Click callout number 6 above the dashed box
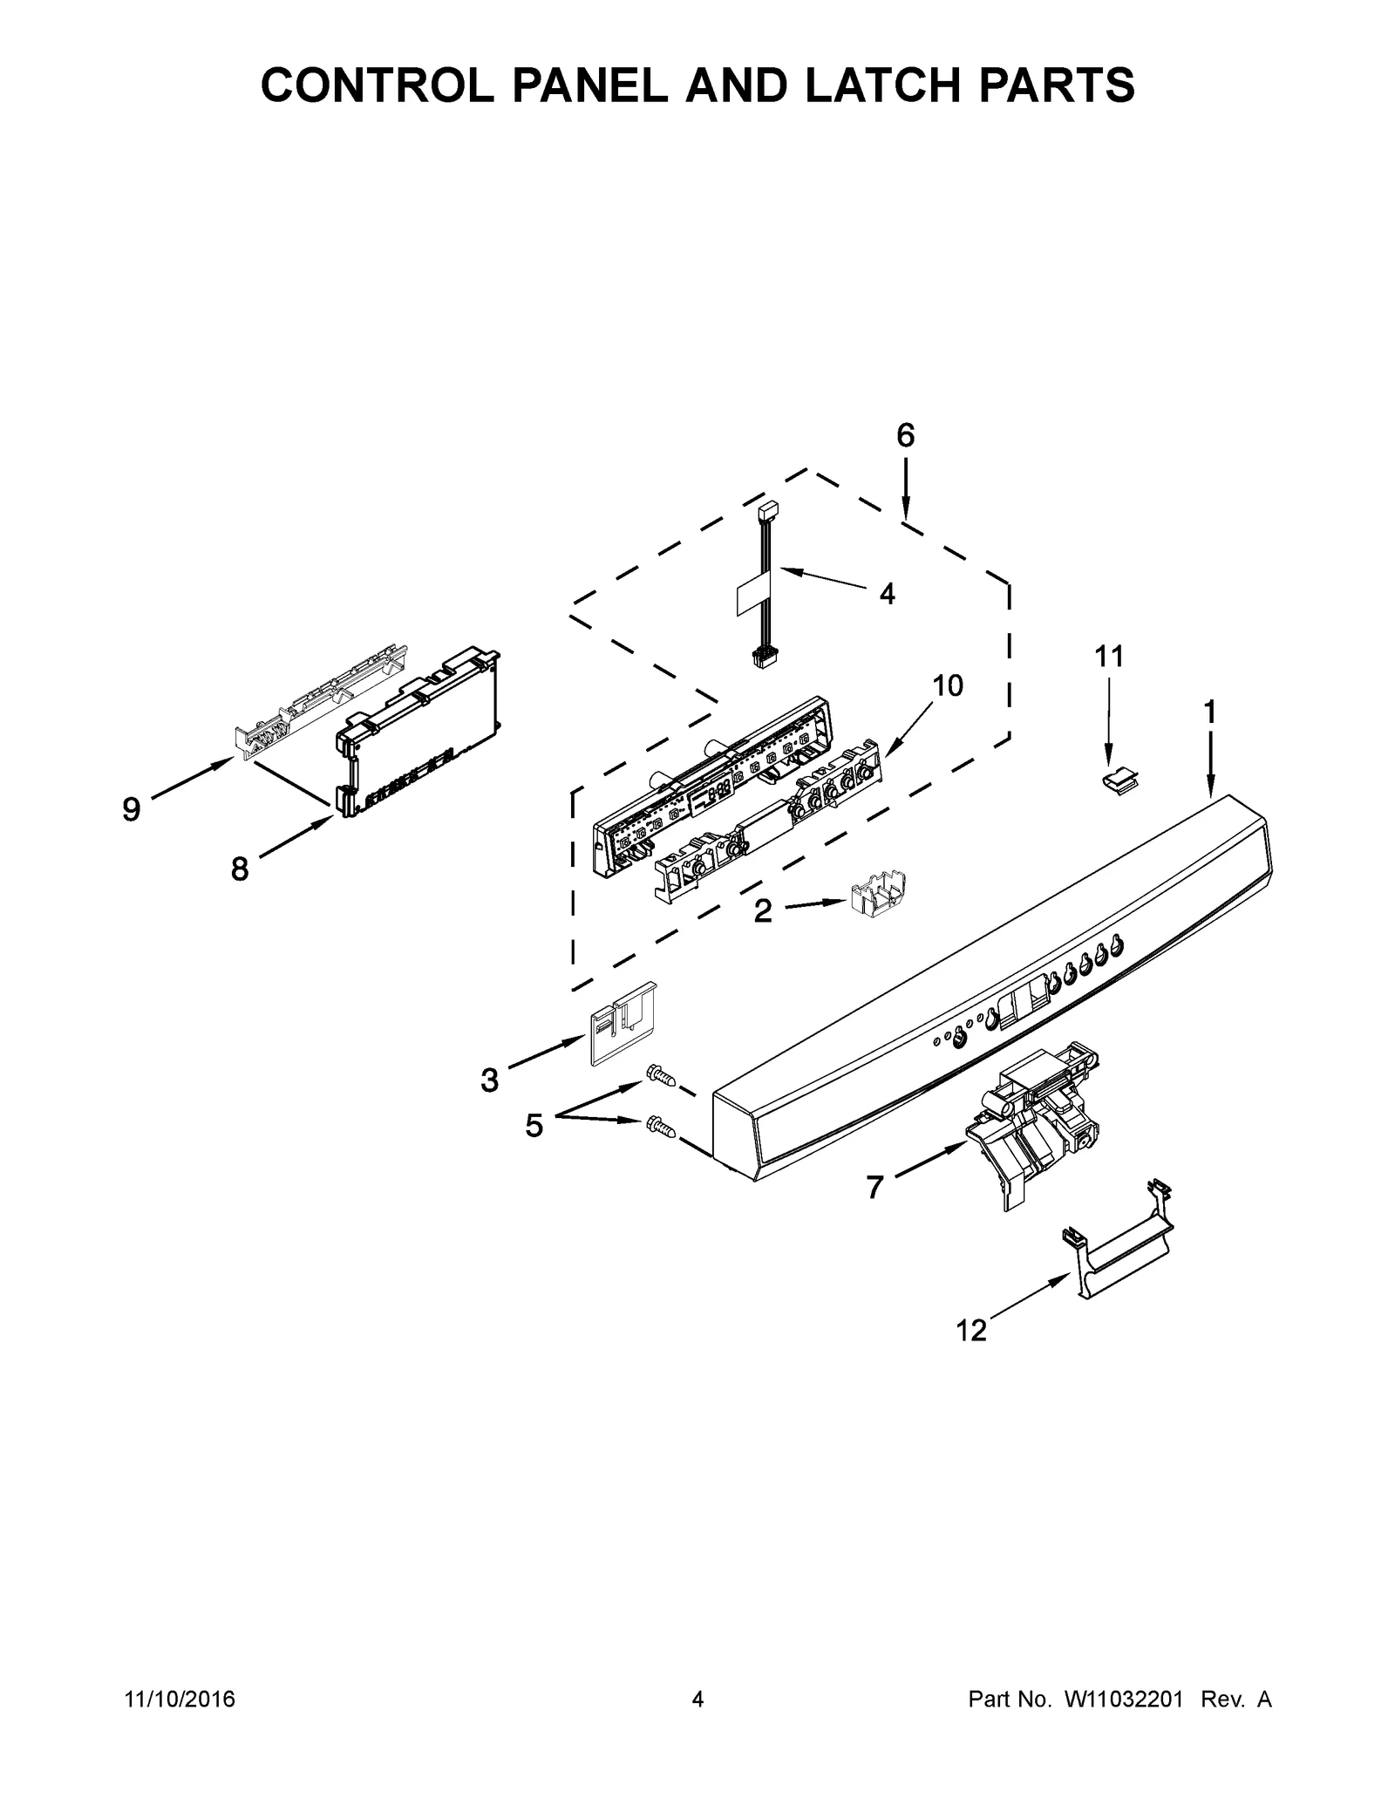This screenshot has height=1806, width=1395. tap(906, 435)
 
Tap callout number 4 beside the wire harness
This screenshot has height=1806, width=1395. tap(887, 594)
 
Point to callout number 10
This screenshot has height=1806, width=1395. tap(948, 685)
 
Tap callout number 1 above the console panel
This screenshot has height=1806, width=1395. tap(1209, 712)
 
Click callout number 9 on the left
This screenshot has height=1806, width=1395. tap(131, 810)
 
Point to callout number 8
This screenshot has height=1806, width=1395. tap(239, 869)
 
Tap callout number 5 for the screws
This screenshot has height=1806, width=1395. tap(534, 1126)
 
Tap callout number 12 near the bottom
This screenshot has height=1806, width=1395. tap(970, 1331)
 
